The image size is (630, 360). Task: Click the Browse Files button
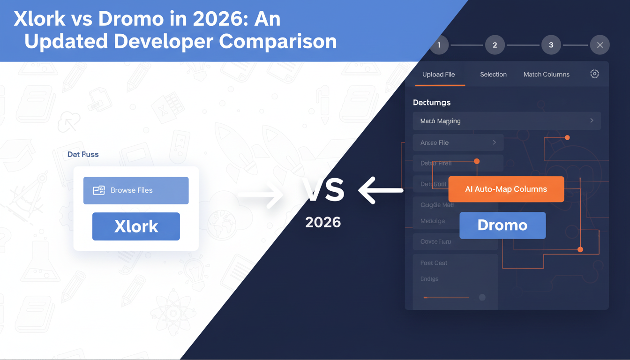(136, 190)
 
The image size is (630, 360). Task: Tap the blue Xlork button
(136, 226)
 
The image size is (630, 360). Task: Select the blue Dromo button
(502, 225)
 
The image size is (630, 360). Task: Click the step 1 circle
(439, 45)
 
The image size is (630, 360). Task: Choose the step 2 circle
(495, 45)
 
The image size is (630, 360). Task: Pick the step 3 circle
(551, 45)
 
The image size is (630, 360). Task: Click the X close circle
(600, 45)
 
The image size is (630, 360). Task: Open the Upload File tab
(439, 75)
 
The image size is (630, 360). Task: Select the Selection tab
(493, 75)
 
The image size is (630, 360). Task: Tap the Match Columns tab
(547, 75)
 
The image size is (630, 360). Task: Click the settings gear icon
(594, 74)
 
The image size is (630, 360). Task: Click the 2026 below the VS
(323, 222)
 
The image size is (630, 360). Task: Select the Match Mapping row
(506, 121)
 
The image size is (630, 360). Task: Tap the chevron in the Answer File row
(495, 142)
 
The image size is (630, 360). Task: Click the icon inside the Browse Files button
(98, 190)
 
